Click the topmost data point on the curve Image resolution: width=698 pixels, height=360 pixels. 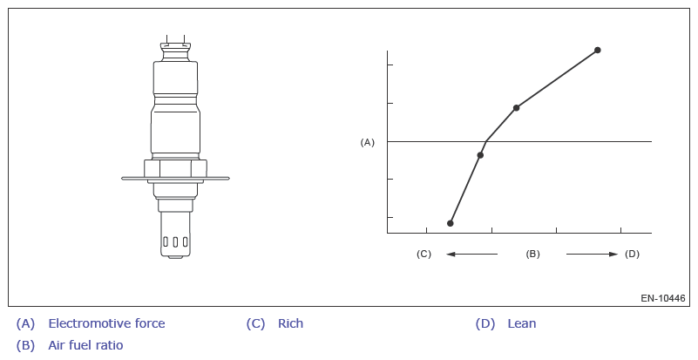(x=598, y=50)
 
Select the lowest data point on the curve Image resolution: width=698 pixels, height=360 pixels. (x=450, y=223)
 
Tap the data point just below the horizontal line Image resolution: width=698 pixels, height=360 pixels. (x=480, y=155)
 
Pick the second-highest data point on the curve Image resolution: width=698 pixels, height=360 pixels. (x=516, y=108)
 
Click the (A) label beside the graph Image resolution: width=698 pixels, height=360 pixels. (x=367, y=142)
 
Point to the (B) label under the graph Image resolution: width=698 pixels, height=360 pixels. (x=532, y=254)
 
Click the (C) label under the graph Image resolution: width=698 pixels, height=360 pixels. (x=424, y=254)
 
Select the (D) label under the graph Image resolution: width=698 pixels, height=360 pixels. (x=632, y=254)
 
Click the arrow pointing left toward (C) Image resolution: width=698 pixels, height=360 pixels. (x=471, y=254)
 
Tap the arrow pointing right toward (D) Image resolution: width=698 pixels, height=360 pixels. (x=592, y=254)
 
